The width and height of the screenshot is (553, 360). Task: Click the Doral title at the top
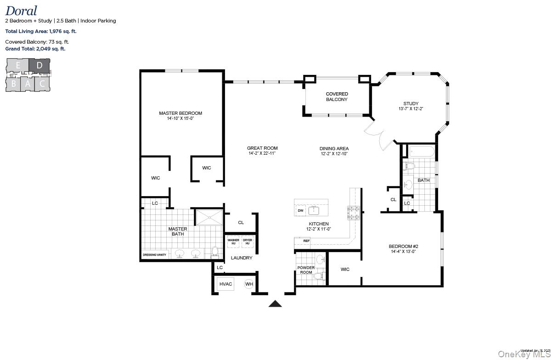pyautogui.click(x=21, y=11)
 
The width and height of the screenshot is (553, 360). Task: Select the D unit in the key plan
pyautogui.click(x=39, y=66)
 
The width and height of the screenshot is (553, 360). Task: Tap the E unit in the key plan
pyautogui.click(x=18, y=66)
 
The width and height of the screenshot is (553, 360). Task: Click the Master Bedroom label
pyautogui.click(x=181, y=113)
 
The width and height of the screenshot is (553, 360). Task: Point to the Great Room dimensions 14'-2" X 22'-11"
pyautogui.click(x=262, y=154)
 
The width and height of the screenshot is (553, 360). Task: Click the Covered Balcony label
pyautogui.click(x=337, y=96)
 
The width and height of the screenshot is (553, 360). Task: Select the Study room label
pyautogui.click(x=411, y=103)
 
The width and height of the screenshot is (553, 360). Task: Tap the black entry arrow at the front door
pyautogui.click(x=275, y=303)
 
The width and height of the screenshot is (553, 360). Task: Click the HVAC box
pyautogui.click(x=226, y=284)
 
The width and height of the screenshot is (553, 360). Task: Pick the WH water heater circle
pyautogui.click(x=249, y=284)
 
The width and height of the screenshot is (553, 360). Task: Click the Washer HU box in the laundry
pyautogui.click(x=233, y=242)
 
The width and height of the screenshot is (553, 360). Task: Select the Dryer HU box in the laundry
pyautogui.click(x=248, y=242)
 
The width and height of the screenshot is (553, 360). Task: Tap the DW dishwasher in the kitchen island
pyautogui.click(x=301, y=211)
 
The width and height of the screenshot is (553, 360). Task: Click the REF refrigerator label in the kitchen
pyautogui.click(x=306, y=241)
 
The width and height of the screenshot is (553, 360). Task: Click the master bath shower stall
pyautogui.click(x=209, y=217)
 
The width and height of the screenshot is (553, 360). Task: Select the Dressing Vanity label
pyautogui.click(x=155, y=254)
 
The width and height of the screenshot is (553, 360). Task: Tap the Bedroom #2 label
pyautogui.click(x=403, y=246)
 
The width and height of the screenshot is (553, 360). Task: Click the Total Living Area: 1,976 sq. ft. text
pyautogui.click(x=41, y=31)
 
